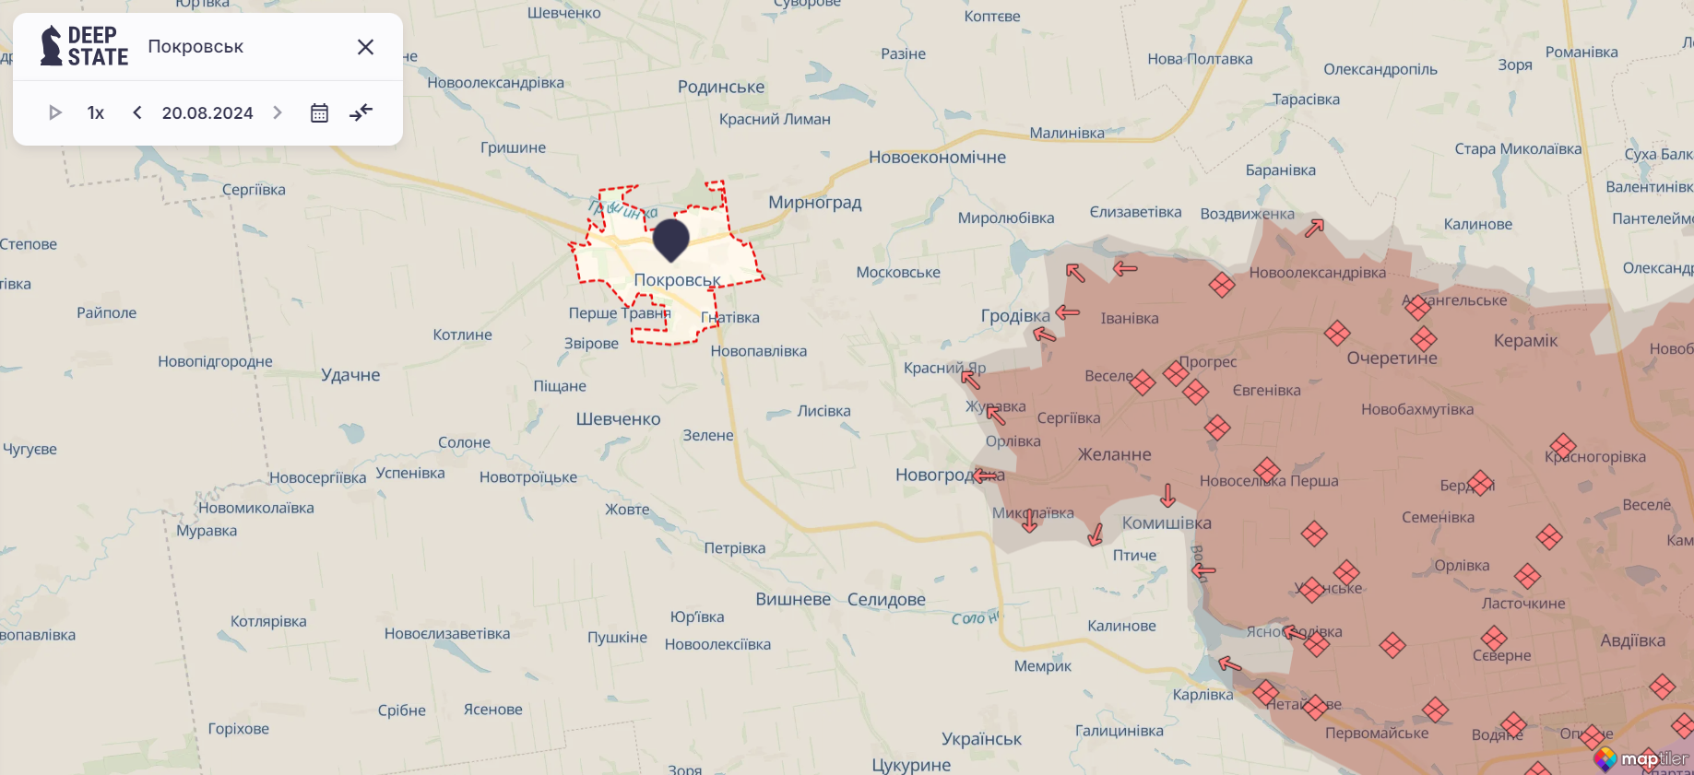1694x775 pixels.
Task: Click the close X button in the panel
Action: pyautogui.click(x=365, y=47)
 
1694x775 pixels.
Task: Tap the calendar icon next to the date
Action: pyautogui.click(x=319, y=112)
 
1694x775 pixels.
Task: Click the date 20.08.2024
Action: pyautogui.click(x=207, y=112)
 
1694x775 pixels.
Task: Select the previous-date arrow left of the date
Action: pyautogui.click(x=137, y=112)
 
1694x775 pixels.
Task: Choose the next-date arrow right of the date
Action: pyautogui.click(x=277, y=112)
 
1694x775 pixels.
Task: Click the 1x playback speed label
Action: pyautogui.click(x=96, y=112)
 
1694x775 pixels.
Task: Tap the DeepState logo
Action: pyautogui.click(x=84, y=46)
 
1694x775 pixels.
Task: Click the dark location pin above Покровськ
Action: pyautogui.click(x=670, y=239)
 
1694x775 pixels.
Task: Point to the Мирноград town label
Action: pyautogui.click(x=814, y=202)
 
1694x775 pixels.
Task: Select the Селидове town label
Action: pyautogui.click(x=885, y=599)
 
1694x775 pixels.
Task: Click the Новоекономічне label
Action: pyautogui.click(x=937, y=158)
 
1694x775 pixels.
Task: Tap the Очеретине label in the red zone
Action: pyautogui.click(x=1392, y=358)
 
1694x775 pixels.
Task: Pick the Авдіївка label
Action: pyautogui.click(x=1632, y=640)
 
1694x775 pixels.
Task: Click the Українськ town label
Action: pyautogui.click(x=981, y=739)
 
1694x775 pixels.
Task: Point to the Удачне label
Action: pyautogui.click(x=350, y=375)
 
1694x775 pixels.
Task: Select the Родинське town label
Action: pyautogui.click(x=721, y=87)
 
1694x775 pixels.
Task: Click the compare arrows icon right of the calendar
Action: pyautogui.click(x=361, y=112)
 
